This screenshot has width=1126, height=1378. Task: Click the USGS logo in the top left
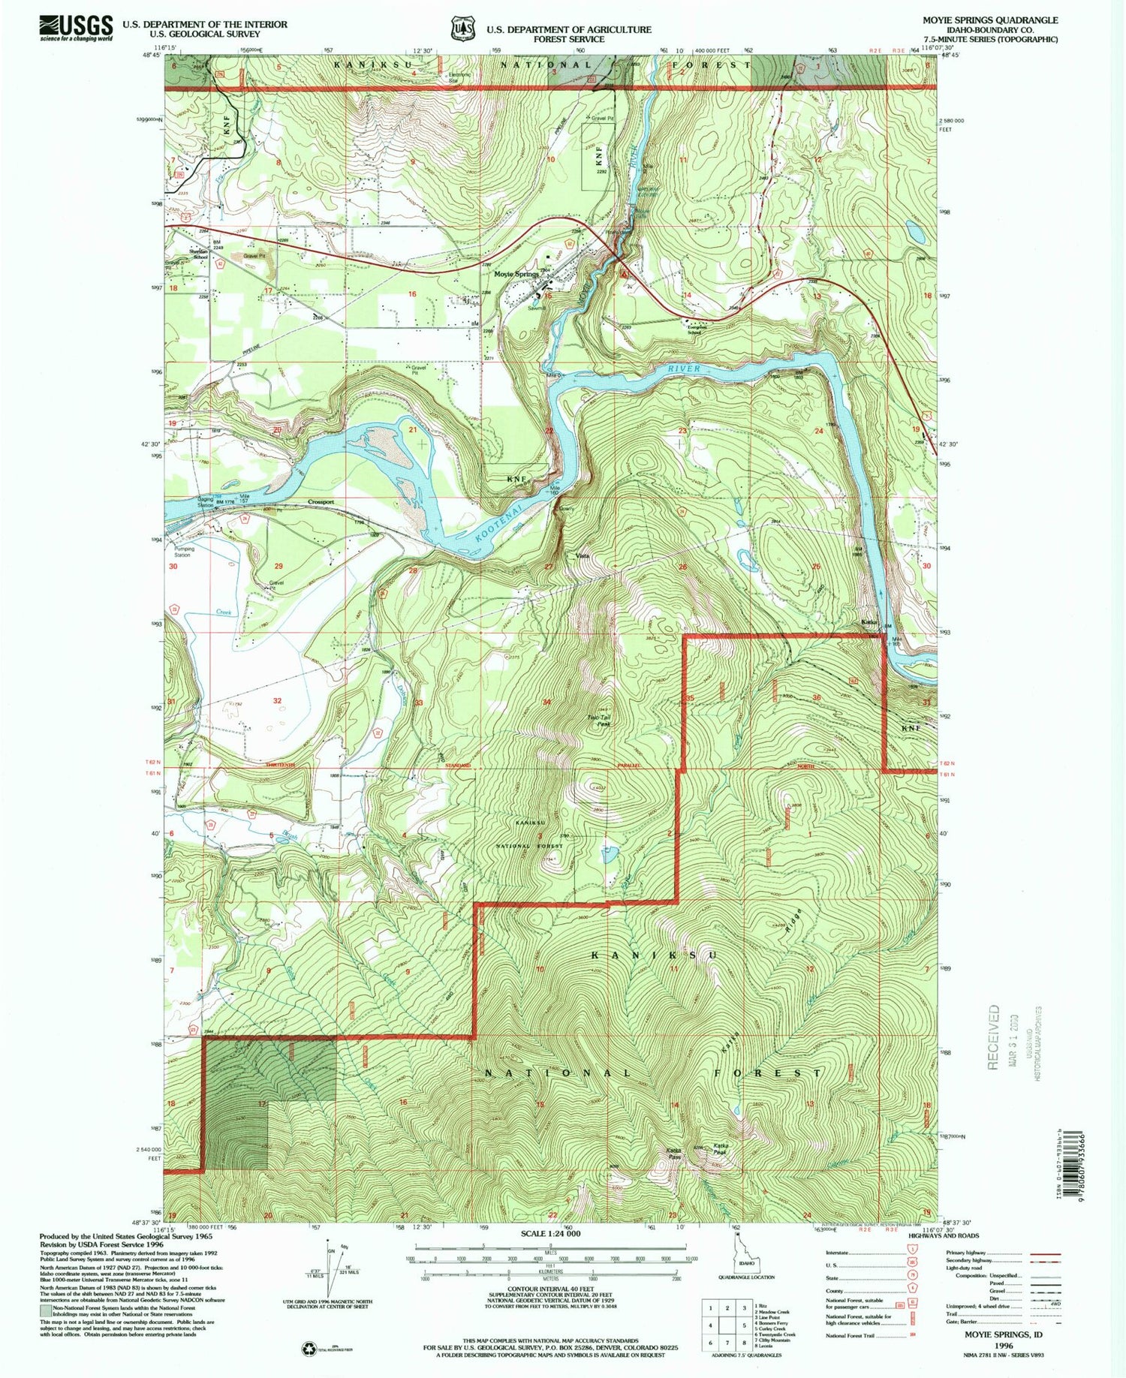coord(76,29)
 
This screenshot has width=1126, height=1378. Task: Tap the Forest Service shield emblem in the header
coord(462,29)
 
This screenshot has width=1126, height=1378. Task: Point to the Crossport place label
coord(321,501)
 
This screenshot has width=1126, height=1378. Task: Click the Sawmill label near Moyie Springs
coord(535,308)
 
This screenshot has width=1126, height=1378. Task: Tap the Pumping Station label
coord(184,552)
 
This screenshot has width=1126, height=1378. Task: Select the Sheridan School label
coord(199,254)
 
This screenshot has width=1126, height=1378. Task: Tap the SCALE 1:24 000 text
coord(550,1233)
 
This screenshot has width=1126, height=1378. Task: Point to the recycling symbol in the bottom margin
coord(309,1349)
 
